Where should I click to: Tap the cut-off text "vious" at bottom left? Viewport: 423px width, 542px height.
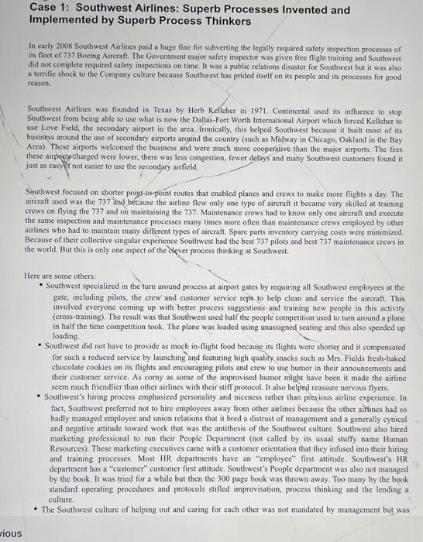pos(11,533)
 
